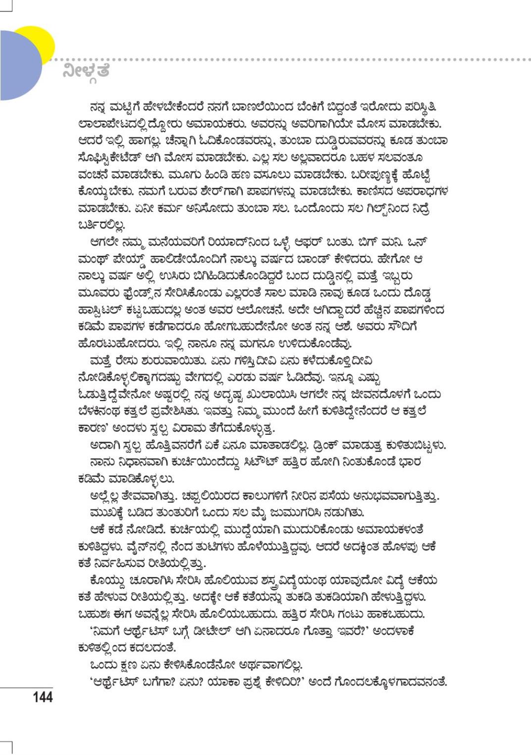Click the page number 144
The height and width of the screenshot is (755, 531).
click(x=43, y=698)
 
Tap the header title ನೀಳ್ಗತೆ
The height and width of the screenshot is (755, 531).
click(x=86, y=71)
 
